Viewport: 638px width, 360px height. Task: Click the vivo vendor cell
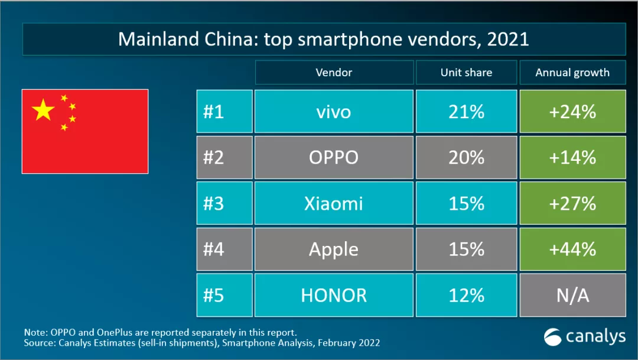point(334,112)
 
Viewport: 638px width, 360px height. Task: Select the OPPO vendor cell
point(334,157)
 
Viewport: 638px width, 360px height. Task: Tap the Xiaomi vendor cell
point(334,203)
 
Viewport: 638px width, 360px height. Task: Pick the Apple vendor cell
point(334,249)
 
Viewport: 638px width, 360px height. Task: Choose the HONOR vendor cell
point(334,295)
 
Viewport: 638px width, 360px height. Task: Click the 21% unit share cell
point(466,112)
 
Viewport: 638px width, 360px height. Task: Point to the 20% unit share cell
point(466,157)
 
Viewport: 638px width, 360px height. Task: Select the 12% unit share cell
point(466,295)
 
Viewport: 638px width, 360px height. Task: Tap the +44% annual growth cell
point(572,249)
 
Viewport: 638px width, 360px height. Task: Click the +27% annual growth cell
point(572,203)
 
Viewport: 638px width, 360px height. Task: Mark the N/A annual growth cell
point(572,295)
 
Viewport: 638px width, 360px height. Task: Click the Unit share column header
point(466,73)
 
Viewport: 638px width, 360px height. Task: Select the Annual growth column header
point(572,73)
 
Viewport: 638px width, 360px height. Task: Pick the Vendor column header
point(334,73)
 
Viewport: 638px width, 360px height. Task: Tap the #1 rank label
point(214,112)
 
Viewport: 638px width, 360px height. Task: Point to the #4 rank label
point(214,249)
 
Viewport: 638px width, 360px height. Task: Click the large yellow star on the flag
point(43,109)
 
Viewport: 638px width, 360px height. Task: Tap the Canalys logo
point(585,336)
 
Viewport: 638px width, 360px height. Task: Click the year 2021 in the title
point(508,39)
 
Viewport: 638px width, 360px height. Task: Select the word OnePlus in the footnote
point(115,332)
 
